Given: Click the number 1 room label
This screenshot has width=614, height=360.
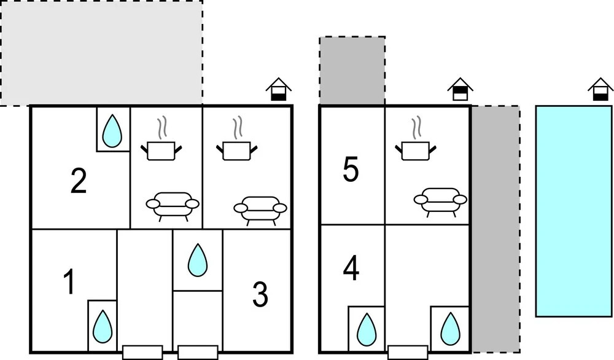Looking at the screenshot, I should pyautogui.click(x=69, y=283).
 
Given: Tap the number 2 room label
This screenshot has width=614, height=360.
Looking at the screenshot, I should pyautogui.click(x=78, y=181).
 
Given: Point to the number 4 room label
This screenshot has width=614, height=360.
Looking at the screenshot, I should pyautogui.click(x=351, y=268).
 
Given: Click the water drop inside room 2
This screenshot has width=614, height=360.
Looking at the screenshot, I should pyautogui.click(x=112, y=131).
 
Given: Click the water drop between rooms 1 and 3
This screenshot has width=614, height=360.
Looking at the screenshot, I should pyautogui.click(x=197, y=260).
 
